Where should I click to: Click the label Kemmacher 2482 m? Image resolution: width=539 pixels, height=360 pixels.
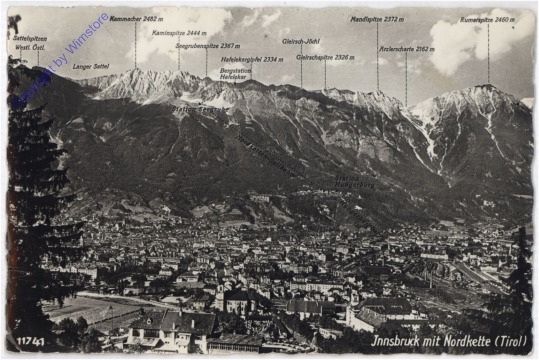coord(136,18)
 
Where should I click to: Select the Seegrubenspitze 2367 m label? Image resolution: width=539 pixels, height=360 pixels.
coord(207,46)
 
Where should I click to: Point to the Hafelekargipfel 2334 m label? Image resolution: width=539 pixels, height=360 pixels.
coord(251,59)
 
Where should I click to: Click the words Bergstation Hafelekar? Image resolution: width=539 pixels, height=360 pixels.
coord(236,74)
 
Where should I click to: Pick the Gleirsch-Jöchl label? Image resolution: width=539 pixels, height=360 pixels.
coord(300,42)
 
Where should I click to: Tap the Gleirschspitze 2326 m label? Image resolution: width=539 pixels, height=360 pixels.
coord(325,57)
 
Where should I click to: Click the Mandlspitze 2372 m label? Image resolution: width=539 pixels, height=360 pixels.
coord(377,18)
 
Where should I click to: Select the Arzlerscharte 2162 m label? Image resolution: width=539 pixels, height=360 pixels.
coord(406,48)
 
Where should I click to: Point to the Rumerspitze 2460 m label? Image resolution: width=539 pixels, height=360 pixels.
coord(487,18)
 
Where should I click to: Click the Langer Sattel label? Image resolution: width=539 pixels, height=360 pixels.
coord(90,67)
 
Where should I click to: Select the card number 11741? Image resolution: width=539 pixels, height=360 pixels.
coord(31,342)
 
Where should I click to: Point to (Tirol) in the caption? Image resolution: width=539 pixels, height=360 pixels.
coord(514,342)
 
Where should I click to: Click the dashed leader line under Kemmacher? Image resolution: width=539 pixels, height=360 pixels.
coord(136,45)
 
